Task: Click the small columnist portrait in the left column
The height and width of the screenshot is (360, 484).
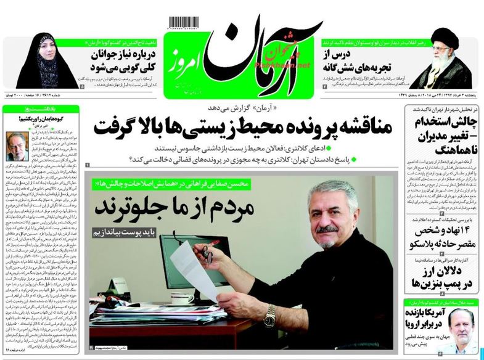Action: coord(16,146)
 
